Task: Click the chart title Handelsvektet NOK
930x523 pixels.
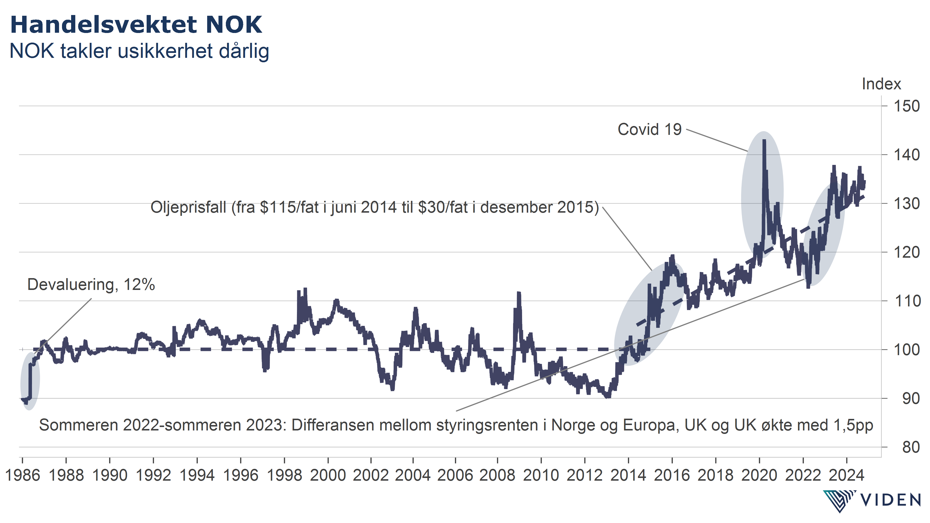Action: point(136,25)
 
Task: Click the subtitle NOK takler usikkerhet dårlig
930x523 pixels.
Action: point(139,51)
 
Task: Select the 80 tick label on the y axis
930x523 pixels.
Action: point(911,447)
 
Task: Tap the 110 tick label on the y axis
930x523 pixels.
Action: point(906,301)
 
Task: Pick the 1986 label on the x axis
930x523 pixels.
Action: point(22,475)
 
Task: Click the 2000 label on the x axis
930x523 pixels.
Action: point(328,475)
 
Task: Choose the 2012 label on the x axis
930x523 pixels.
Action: point(585,475)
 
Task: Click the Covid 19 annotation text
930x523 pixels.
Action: point(649,129)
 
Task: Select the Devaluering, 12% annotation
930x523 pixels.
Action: point(91,285)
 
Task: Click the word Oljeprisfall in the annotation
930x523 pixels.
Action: point(188,207)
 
